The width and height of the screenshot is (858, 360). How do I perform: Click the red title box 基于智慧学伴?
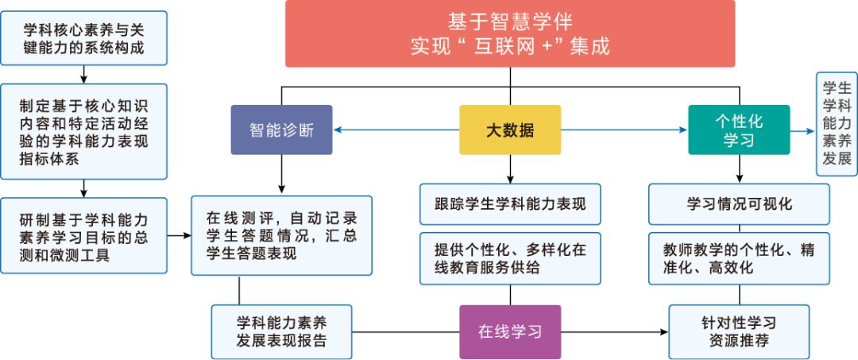(x=509, y=33)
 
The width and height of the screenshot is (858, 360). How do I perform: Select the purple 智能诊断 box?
(x=281, y=130)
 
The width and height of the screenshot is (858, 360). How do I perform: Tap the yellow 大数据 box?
(x=509, y=130)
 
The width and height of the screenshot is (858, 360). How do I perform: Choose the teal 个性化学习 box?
(x=738, y=130)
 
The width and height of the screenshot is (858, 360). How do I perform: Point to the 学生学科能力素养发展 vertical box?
(x=837, y=123)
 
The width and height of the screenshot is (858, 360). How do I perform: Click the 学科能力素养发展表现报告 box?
(x=281, y=332)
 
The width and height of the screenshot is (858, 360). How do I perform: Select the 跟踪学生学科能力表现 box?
(x=509, y=204)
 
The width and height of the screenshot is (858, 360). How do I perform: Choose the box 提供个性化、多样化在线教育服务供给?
(x=509, y=258)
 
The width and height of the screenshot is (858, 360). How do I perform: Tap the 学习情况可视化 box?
(x=739, y=204)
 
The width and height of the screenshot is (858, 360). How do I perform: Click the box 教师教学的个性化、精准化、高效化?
(x=739, y=258)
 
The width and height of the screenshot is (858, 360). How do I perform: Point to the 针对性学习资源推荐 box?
(x=739, y=332)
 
